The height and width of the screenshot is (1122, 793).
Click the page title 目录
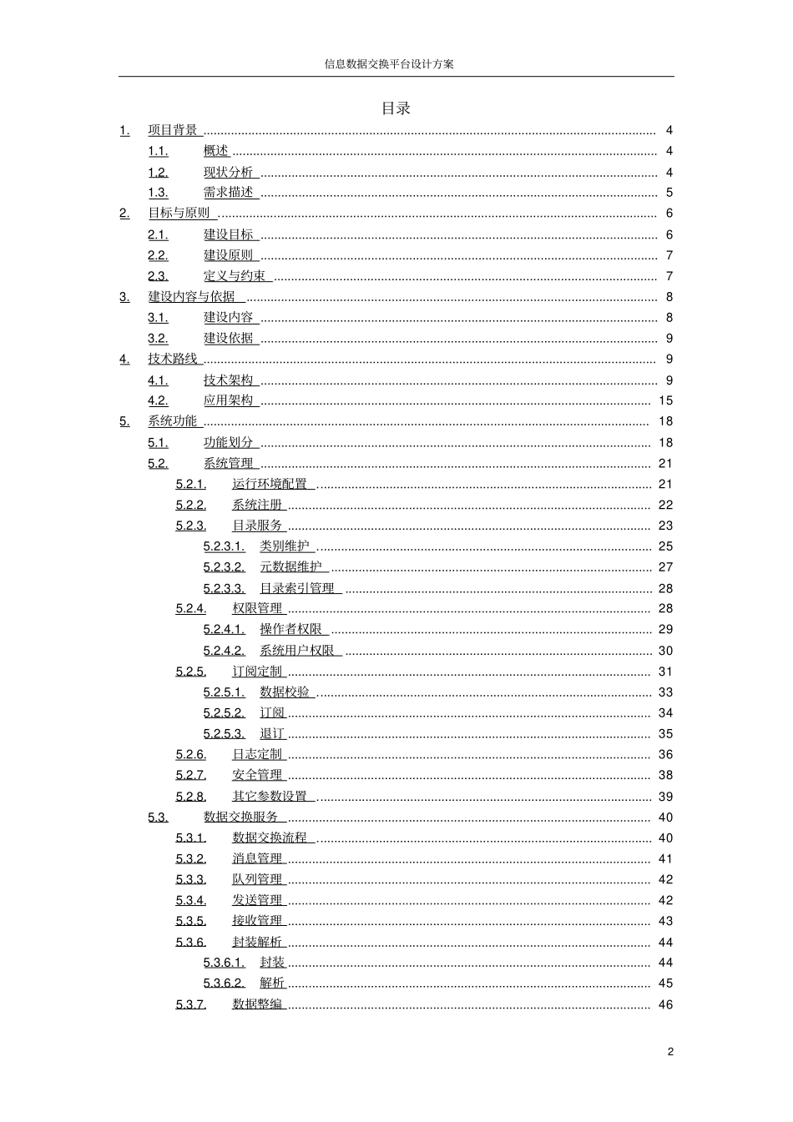coord(396,108)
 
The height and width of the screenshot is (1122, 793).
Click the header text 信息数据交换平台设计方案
coord(389,64)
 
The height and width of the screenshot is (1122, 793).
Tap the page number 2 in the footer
coord(669,1052)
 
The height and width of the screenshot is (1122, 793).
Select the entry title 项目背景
coord(174,130)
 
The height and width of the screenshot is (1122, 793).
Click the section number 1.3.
coord(158,193)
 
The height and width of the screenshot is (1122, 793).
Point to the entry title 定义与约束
coord(235,276)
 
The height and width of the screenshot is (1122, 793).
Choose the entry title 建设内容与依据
coord(193,297)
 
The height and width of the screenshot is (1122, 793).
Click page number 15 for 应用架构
coord(665,401)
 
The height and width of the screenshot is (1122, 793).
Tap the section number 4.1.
coord(158,380)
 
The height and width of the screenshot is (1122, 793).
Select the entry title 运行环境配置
coord(270,485)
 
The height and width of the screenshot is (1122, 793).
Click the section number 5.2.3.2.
coord(224,567)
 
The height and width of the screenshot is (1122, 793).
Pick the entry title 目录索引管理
coord(297,588)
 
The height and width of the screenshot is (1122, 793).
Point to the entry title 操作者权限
coord(291,630)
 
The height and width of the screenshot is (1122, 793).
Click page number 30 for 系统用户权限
coord(665,651)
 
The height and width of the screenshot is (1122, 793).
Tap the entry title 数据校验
coord(285,692)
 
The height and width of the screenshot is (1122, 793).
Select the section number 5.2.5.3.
coord(224,734)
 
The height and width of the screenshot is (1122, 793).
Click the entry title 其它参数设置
coord(270,797)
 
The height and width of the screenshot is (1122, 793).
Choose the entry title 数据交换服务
coord(241,818)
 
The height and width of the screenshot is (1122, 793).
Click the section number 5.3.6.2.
coord(224,984)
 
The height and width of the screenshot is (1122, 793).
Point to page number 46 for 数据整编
coord(665,1004)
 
